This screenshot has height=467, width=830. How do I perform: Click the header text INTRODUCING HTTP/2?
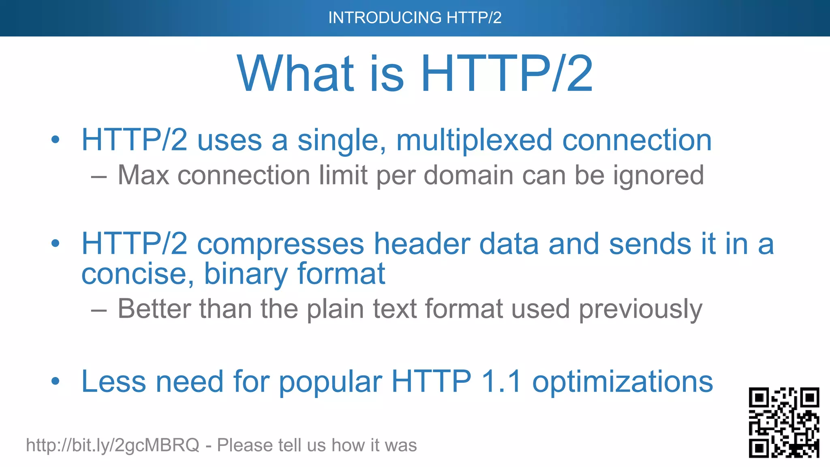point(415,18)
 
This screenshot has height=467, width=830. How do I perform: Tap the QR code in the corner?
point(784,422)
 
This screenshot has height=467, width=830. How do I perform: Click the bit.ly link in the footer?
point(113,445)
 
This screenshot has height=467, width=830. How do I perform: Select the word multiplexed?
point(474,140)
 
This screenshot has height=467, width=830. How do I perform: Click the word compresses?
point(280,244)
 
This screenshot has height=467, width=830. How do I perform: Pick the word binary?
point(246,274)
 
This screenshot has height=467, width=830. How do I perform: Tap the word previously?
point(640,310)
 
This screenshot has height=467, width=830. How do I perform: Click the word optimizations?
point(622,382)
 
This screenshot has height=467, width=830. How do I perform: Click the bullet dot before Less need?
point(56,381)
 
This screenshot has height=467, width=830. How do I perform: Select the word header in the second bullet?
point(421,244)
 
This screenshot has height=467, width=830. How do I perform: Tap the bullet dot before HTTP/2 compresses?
point(56,244)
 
